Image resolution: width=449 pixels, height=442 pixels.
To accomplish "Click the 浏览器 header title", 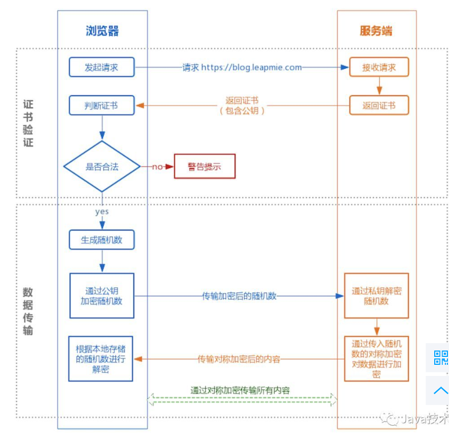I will tap(102, 31).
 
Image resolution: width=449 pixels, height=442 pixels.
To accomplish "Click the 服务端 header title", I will tap(376, 31).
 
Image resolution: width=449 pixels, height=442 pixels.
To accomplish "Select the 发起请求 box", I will tap(102, 68).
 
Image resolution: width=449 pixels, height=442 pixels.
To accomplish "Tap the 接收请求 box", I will tap(379, 68).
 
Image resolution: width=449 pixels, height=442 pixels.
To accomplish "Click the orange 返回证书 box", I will tap(379, 105).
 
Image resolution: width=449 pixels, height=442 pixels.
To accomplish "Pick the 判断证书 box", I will tap(102, 105).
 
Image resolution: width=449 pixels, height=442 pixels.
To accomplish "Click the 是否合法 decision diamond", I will tap(102, 167).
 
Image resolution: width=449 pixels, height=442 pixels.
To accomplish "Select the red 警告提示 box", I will tap(204, 167).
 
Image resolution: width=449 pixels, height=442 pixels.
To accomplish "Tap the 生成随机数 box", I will tap(102, 240).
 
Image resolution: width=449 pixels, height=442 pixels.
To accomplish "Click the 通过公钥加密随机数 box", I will tap(102, 296).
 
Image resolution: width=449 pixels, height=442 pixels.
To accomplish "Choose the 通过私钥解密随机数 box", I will tap(377, 296).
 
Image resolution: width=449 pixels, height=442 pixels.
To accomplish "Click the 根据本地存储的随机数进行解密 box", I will tap(100, 358).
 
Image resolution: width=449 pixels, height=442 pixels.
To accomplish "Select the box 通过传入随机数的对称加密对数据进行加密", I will tap(377, 359).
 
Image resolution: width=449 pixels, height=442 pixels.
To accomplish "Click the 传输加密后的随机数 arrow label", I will tap(240, 296).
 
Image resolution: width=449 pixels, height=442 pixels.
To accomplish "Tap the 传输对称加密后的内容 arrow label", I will tap(239, 360).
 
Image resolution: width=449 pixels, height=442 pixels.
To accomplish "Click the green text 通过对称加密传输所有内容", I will tap(240, 390).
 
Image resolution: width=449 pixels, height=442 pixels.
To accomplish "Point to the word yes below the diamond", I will tap(102, 211).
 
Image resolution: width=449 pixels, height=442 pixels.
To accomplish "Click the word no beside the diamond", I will tap(157, 167).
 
